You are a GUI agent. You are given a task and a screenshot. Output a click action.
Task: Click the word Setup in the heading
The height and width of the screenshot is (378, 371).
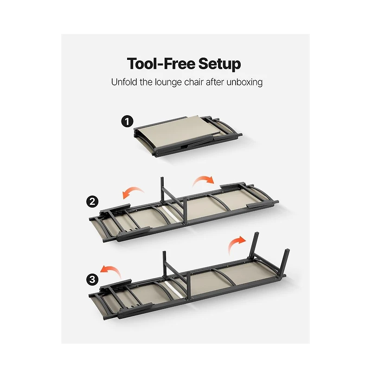click(x=219, y=64)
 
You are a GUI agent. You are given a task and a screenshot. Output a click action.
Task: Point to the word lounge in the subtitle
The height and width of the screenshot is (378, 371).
click(x=168, y=83)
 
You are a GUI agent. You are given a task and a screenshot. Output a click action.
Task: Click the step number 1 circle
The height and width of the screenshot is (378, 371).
click(x=127, y=121)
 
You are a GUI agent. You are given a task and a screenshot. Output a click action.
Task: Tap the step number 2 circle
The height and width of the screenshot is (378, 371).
click(x=92, y=201)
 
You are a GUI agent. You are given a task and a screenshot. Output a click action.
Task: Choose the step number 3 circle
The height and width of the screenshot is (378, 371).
click(x=92, y=280)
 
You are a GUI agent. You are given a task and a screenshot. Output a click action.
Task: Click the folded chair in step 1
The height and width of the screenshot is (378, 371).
click(x=188, y=136)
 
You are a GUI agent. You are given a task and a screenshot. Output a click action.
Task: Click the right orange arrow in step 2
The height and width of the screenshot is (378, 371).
click(x=204, y=180)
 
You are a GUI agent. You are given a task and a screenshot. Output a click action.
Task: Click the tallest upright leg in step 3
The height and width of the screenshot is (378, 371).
click(x=254, y=246)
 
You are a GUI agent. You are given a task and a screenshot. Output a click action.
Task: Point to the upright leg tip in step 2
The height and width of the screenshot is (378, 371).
click(x=162, y=178)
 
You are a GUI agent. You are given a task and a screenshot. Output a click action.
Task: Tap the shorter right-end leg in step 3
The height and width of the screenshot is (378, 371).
click(x=287, y=262)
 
